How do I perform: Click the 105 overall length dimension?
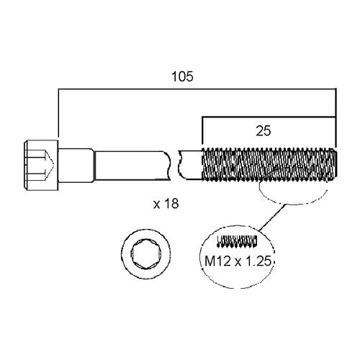(x=182, y=77)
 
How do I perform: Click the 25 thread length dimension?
(x=264, y=131)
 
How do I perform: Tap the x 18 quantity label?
(x=166, y=204)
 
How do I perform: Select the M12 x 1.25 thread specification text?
(x=238, y=261)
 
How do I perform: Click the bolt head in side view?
(x=41, y=165)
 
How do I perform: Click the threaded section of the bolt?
(x=269, y=164)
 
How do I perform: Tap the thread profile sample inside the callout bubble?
(x=237, y=241)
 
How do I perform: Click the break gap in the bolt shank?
(x=174, y=165)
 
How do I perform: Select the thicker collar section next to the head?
(x=76, y=166)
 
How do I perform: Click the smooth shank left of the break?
(x=132, y=165)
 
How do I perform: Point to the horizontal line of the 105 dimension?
(x=197, y=89)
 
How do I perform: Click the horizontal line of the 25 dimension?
(x=269, y=117)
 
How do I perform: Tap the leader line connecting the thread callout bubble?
(x=272, y=217)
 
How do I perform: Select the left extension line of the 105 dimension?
(x=59, y=114)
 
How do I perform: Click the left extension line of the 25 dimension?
(x=202, y=132)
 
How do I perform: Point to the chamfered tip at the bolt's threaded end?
(x=335, y=164)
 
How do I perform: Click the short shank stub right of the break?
(x=191, y=165)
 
